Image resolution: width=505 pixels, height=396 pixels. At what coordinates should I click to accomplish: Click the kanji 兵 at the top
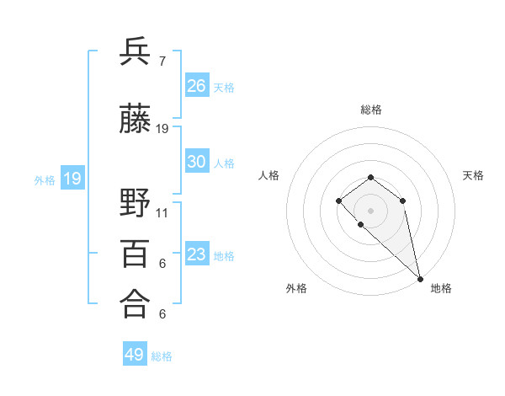[136, 52]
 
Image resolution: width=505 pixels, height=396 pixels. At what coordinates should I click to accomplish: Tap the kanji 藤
[136, 120]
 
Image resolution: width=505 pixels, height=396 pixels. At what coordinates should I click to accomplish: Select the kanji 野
[136, 204]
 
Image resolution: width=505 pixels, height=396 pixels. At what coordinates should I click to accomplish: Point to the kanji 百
[136, 254]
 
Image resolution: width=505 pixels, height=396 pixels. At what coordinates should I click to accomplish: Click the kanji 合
[136, 305]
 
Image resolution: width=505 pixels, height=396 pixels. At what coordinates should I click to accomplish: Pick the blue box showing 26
[197, 86]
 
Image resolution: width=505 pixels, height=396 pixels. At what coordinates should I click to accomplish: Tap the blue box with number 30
[197, 162]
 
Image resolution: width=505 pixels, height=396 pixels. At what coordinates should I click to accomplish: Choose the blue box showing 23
[197, 254]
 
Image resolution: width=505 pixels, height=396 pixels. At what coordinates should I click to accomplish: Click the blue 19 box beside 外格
[72, 179]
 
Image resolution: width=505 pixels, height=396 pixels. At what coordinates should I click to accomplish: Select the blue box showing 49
[135, 355]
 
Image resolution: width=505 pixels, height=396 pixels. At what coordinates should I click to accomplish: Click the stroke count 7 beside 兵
[162, 62]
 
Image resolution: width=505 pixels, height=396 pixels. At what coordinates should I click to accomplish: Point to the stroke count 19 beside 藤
[162, 129]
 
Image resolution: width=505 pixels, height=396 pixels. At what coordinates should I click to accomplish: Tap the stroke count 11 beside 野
[162, 213]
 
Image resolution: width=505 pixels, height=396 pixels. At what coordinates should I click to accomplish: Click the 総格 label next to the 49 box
[162, 356]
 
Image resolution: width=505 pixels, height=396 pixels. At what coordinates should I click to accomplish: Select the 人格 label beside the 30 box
[224, 163]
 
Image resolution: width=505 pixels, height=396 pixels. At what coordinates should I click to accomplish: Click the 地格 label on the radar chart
[441, 288]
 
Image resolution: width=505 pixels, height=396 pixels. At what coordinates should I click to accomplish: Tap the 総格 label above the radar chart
[370, 110]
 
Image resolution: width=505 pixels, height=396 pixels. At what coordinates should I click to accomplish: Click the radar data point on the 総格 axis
[370, 177]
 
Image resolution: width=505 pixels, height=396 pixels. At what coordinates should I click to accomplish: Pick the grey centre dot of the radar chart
[370, 210]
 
